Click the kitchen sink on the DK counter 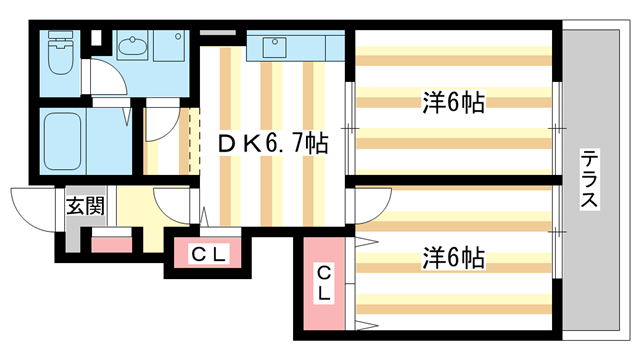(273, 45)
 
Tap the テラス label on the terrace (592, 179)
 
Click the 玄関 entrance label (85, 208)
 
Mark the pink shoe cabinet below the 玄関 (112, 243)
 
